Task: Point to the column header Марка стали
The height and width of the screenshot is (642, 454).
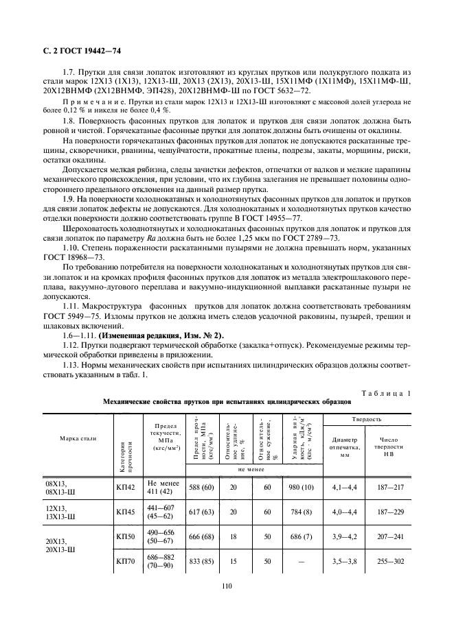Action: [x=78, y=438]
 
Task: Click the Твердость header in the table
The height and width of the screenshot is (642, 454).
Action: [x=367, y=418]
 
